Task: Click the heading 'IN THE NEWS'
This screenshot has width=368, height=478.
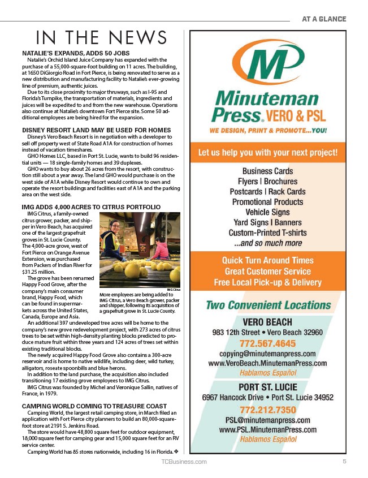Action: tap(101, 37)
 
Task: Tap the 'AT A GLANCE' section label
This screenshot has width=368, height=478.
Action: tap(323, 19)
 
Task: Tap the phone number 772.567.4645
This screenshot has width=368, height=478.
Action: tap(268, 343)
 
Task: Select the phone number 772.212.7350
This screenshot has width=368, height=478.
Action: tap(268, 410)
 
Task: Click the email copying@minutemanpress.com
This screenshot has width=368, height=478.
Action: tap(268, 353)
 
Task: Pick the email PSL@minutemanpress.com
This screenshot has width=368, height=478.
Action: tap(268, 420)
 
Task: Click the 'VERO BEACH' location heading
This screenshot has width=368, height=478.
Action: tap(268, 321)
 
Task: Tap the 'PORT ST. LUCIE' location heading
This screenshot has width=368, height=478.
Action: tap(268, 387)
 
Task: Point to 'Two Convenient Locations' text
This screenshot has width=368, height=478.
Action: tap(268, 305)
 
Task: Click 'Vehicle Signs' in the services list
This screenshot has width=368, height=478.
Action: tap(268, 212)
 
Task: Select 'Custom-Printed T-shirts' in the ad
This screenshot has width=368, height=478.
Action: tap(268, 232)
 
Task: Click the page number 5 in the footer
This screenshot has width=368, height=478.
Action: tap(344, 462)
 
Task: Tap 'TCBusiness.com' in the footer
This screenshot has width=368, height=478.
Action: tap(184, 462)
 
